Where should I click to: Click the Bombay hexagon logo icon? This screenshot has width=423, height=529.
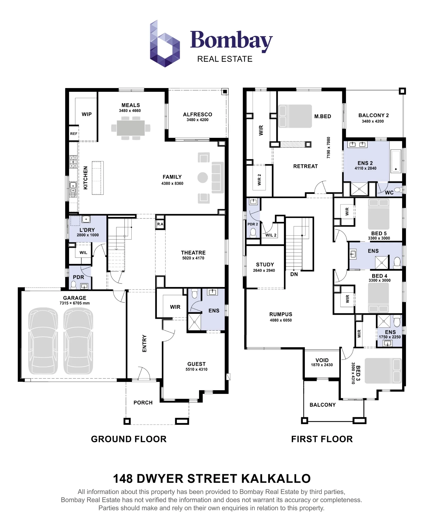click(x=165, y=44)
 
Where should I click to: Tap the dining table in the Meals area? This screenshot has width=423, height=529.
click(x=131, y=128)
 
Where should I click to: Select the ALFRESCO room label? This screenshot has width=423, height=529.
click(x=197, y=115)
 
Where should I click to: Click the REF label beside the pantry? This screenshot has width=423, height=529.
click(x=74, y=134)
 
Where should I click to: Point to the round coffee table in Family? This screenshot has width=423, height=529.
click(x=203, y=177)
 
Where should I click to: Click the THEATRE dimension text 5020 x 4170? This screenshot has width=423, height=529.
click(x=193, y=258)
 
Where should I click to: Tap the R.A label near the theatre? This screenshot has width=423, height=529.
click(x=160, y=224)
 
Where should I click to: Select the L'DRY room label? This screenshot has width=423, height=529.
click(x=87, y=230)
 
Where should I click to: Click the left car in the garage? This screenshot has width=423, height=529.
click(x=43, y=341)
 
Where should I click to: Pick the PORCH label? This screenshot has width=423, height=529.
click(x=143, y=403)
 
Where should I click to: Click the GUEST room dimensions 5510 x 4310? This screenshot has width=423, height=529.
click(x=196, y=370)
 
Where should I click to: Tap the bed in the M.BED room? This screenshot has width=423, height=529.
click(x=295, y=116)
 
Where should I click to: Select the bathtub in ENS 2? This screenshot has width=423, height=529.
click(x=396, y=161)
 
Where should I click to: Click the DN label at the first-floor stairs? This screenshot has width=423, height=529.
click(x=294, y=274)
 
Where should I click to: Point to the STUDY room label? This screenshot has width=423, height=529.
click(x=265, y=264)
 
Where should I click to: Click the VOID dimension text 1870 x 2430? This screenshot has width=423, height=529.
click(x=322, y=365)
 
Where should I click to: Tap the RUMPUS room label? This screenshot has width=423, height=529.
click(x=281, y=314)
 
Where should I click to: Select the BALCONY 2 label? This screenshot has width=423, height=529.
click(x=374, y=115)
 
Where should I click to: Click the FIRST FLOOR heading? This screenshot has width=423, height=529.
click(x=322, y=439)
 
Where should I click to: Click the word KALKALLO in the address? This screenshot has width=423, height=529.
click(x=276, y=478)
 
